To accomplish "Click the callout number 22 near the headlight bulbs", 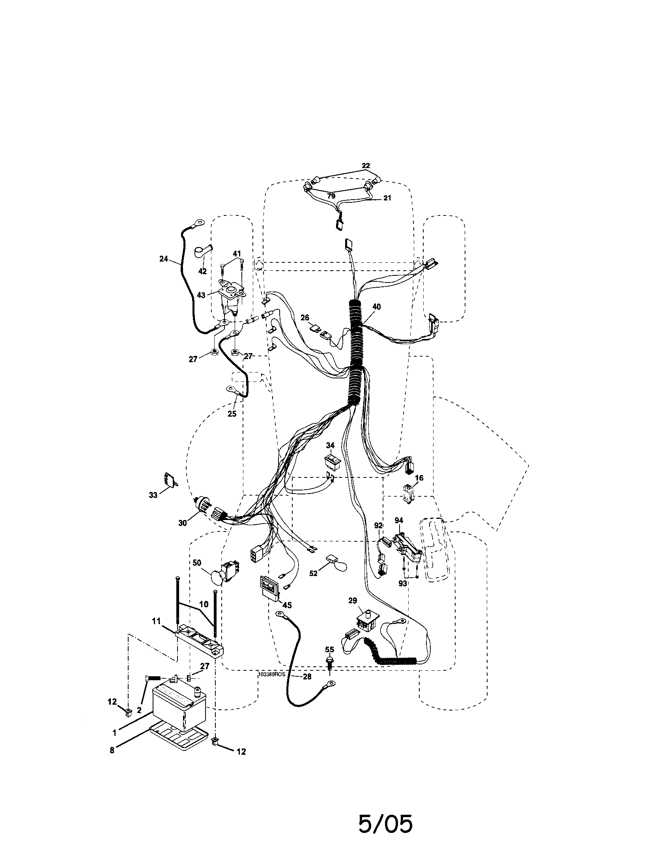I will pyautogui.click(x=366, y=166).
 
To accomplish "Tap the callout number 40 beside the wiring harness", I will pyautogui.click(x=376, y=307).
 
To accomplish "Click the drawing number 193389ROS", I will pyautogui.click(x=272, y=674).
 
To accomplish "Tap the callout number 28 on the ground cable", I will pyautogui.click(x=307, y=677).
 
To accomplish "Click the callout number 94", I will pyautogui.click(x=398, y=520).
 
